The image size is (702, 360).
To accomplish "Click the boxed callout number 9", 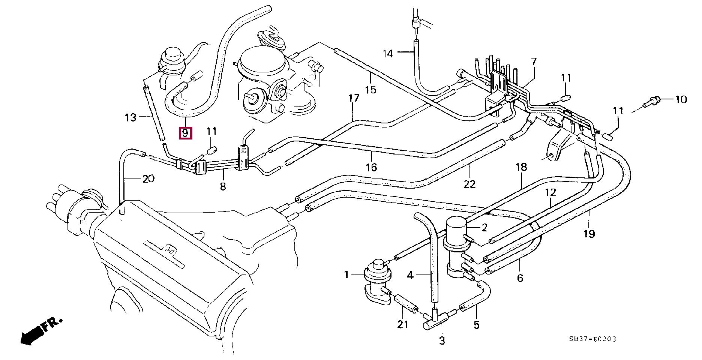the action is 186,133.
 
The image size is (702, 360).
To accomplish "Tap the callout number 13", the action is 130,118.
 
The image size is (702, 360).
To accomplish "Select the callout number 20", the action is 148,178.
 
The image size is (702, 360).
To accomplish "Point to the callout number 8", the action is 223,186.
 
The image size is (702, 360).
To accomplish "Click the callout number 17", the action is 354,99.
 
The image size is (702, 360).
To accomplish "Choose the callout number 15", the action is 370,90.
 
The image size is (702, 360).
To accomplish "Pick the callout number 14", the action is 388,54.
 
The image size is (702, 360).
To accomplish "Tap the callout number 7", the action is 534,61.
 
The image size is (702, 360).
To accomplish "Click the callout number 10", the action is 681,99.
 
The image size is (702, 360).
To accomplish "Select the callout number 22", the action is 469,184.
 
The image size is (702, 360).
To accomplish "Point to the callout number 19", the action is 589,234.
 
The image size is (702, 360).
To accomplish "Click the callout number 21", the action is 402,324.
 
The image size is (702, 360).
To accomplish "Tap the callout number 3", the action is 442,341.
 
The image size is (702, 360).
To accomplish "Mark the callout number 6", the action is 520,278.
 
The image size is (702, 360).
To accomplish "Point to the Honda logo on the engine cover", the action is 168,249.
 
